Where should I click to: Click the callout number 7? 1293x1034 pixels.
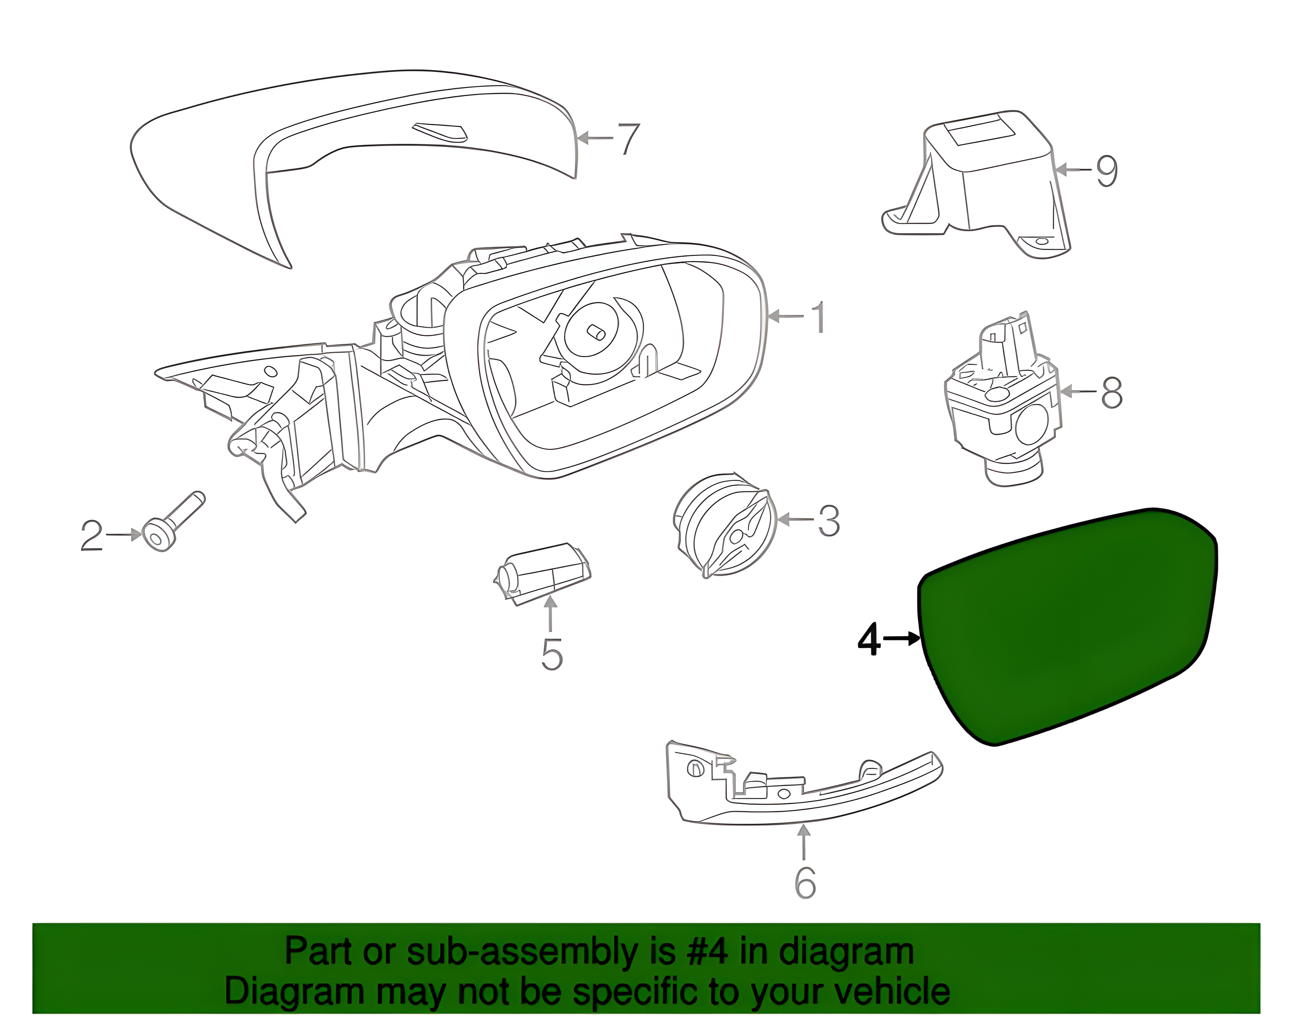(x=628, y=139)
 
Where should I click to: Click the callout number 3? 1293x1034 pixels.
(x=829, y=521)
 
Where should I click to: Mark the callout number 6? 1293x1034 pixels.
(x=805, y=882)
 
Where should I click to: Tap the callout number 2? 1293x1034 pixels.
(x=92, y=536)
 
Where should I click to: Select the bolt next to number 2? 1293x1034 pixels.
(x=174, y=522)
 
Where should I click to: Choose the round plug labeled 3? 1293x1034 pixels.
(x=723, y=525)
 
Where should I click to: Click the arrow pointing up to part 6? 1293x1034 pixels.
(x=804, y=843)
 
